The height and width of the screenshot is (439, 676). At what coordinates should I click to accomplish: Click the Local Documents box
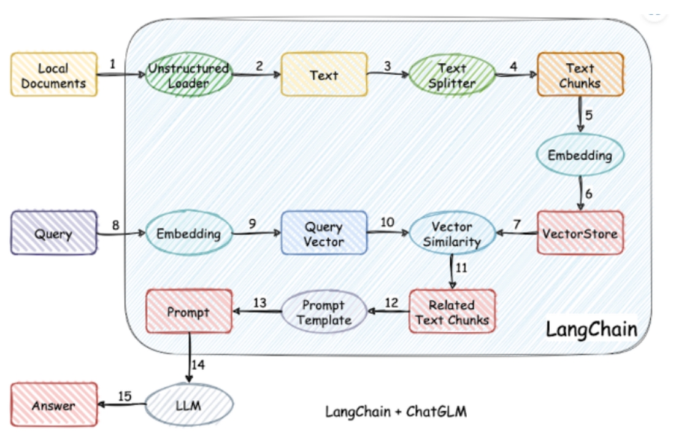(54, 74)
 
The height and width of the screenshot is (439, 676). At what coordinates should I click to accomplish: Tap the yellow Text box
(324, 74)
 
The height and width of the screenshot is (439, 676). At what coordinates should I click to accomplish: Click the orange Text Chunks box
(580, 74)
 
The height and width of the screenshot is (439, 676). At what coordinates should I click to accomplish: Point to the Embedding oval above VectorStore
(580, 155)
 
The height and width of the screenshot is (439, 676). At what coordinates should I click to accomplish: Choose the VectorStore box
(580, 233)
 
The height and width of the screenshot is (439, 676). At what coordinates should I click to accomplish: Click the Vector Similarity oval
(452, 233)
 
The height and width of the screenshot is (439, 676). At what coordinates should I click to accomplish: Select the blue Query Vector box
(324, 233)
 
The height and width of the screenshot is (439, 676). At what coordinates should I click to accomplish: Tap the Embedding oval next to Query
(188, 233)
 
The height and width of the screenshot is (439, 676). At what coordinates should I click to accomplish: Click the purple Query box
(54, 233)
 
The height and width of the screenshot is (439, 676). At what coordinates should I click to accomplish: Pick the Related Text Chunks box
(452, 312)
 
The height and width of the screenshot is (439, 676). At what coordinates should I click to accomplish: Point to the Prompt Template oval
(323, 312)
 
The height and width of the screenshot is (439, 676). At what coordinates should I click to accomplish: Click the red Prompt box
(188, 312)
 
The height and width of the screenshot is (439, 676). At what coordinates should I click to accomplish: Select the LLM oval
(190, 405)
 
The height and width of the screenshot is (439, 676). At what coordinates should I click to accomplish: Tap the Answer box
(54, 405)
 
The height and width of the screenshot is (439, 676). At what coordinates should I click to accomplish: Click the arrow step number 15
(125, 396)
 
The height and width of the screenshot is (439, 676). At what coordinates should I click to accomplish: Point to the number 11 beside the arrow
(461, 268)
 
